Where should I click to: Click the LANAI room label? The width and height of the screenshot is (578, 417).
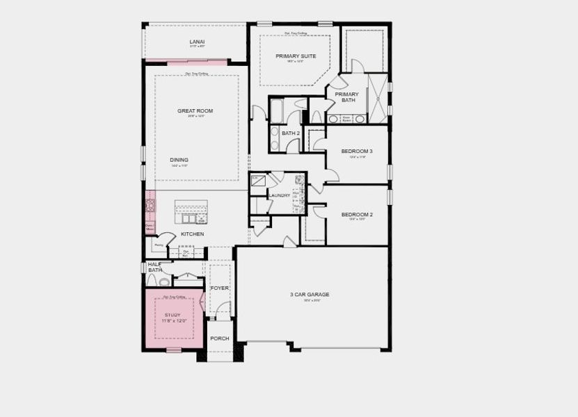[197, 42]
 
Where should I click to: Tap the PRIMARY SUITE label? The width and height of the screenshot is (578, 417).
[296, 56]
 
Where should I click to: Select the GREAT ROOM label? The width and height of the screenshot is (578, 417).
[195, 111]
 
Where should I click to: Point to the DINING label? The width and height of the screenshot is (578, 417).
[179, 160]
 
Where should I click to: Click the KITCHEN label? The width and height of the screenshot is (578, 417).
[193, 234]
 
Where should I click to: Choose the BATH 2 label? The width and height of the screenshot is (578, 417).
[291, 133]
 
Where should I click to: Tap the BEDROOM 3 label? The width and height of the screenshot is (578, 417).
[357, 151]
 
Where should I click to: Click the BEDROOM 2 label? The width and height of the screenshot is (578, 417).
[357, 214]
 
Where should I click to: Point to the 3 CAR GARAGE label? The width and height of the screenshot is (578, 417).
[310, 294]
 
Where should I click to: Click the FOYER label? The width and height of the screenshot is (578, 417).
[220, 288]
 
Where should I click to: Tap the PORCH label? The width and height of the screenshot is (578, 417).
[220, 338]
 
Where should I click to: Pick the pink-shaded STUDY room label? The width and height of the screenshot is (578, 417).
[172, 315]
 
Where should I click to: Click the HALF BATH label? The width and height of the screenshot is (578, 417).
[154, 267]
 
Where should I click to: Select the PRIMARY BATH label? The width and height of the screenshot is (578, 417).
[347, 97]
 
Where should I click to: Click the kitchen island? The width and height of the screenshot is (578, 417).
[191, 210]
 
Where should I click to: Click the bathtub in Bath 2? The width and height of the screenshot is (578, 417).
[277, 111]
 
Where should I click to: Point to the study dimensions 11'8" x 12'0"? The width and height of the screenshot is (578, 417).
[172, 322]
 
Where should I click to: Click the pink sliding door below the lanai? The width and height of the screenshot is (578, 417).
[198, 63]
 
